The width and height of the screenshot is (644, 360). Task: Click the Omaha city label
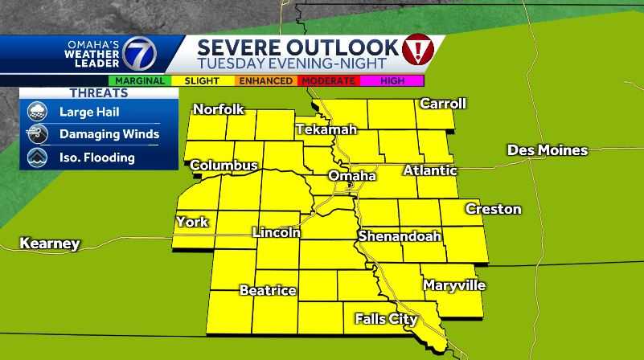(352, 176)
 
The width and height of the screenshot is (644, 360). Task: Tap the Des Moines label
(548, 150)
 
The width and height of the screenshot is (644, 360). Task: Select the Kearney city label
(50, 243)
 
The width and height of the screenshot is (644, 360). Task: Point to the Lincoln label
(277, 232)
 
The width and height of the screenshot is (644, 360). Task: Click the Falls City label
(387, 319)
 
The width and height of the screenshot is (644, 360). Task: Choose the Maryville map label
(454, 285)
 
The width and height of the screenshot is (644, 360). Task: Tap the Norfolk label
(218, 109)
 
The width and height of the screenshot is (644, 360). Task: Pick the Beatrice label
(268, 290)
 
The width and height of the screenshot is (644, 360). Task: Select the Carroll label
(443, 104)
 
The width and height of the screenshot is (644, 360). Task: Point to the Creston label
(494, 209)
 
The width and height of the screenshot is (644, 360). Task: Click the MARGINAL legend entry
(140, 80)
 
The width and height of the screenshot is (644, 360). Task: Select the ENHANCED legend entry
(266, 80)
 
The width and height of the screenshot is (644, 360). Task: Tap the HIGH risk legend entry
(392, 80)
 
